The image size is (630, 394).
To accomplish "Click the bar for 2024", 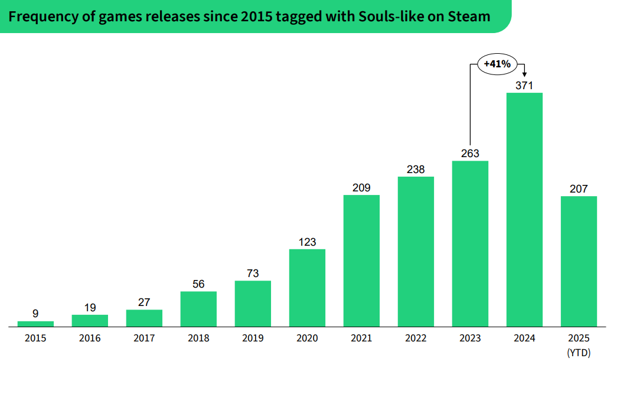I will (524, 209).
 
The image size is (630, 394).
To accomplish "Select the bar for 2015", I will (35, 324).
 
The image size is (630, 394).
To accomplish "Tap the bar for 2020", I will (307, 288).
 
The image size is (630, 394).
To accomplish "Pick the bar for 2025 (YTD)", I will (579, 261).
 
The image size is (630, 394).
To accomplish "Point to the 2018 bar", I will (198, 308).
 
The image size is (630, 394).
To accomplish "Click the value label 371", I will (524, 86).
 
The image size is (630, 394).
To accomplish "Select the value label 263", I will (470, 154).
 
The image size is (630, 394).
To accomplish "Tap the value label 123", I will (307, 242).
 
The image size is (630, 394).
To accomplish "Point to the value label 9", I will (35, 314).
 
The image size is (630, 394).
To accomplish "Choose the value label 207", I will (579, 189).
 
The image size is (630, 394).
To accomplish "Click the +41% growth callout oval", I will (497, 64).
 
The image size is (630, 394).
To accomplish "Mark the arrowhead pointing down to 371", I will (524, 73).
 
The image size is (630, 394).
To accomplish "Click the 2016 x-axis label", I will (90, 338).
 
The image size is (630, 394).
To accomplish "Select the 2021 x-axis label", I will (361, 338).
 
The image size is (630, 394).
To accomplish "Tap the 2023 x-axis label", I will (470, 338).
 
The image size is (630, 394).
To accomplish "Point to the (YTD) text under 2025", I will (579, 353).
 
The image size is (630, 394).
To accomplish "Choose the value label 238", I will (416, 170).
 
